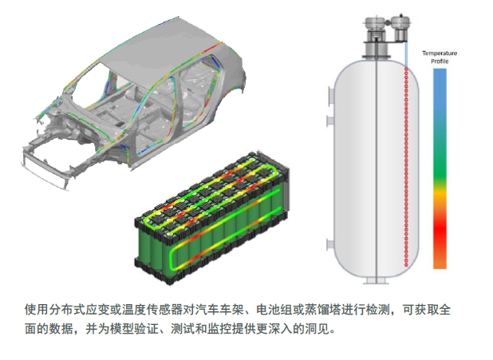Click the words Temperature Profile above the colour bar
tap(440, 57)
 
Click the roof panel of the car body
tap(164, 47)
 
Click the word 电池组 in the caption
tap(274, 310)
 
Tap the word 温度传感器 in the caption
tap(153, 310)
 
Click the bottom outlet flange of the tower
tap(377, 281)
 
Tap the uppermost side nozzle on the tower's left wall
tap(330, 96)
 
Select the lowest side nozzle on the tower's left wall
tap(330, 244)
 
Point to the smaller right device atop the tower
tap(401, 28)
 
